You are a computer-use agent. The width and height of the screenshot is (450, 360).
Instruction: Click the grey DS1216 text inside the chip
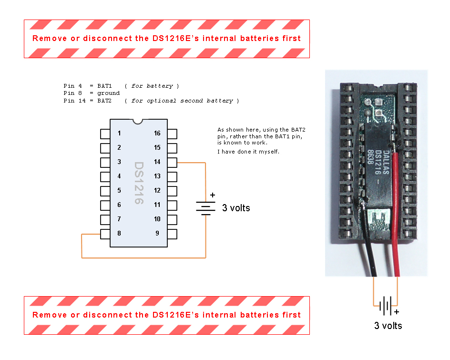[139, 184]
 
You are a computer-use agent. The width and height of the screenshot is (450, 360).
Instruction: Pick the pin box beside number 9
[172, 234]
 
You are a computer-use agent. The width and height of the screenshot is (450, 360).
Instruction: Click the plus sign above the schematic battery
[213, 195]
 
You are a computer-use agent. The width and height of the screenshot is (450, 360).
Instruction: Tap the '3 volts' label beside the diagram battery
[236, 208]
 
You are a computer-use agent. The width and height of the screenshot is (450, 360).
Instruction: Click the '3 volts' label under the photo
[388, 326]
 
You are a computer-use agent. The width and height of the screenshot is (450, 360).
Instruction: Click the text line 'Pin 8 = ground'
[92, 93]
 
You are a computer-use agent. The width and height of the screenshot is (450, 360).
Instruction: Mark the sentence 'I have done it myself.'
[248, 152]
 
